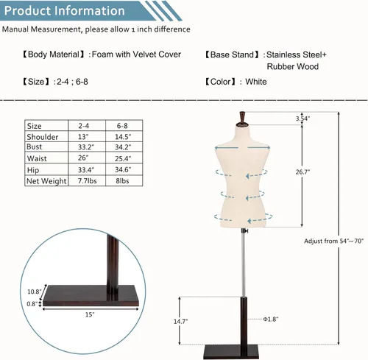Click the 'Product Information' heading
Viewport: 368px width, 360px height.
65,11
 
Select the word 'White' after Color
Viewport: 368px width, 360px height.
256,82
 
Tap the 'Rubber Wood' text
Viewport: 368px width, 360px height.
293,66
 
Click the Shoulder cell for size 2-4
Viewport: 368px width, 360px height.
83,137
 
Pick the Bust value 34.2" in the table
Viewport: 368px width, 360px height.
123,147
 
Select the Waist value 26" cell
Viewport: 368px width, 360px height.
83,158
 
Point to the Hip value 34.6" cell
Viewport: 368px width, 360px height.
123,169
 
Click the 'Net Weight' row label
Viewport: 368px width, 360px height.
46,181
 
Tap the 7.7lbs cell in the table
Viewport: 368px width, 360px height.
88,181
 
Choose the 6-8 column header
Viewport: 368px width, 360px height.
122,126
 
